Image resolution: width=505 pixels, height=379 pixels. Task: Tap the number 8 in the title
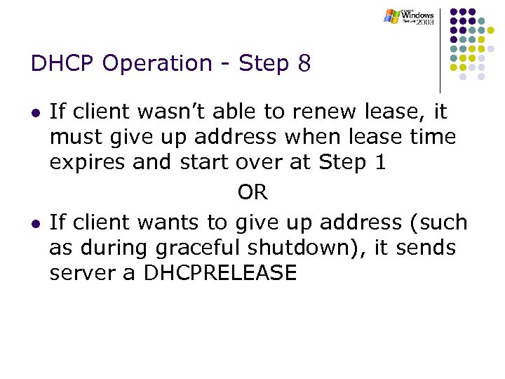[303, 64]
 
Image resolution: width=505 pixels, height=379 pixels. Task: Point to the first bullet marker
[35, 112]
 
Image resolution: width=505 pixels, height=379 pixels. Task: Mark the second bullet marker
[35, 224]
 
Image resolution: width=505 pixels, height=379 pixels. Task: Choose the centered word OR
[252, 192]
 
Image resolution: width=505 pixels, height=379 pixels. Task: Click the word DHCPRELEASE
[220, 273]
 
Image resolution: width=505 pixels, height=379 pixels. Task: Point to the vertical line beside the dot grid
[440, 49]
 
